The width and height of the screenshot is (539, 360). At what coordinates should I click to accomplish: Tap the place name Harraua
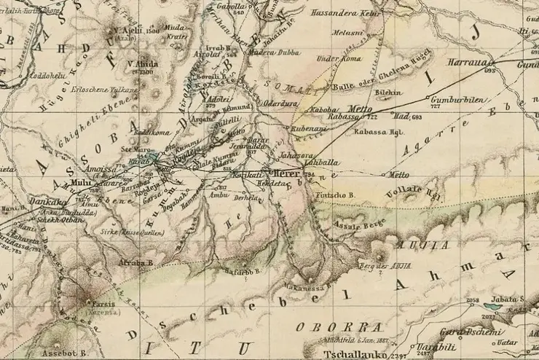point(467,62)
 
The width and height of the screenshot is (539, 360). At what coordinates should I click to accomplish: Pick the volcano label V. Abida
point(143,63)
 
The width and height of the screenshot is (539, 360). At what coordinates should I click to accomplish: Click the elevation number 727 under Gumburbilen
point(436,107)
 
